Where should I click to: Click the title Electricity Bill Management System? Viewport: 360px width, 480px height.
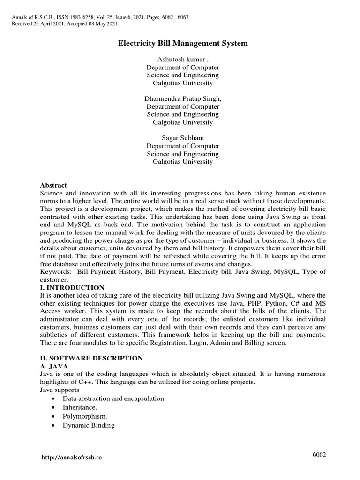click(x=182, y=44)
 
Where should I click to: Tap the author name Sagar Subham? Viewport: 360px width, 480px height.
click(x=182, y=138)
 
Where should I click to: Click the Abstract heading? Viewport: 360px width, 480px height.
click(x=53, y=185)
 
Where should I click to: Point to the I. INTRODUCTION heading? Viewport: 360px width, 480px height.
click(x=73, y=287)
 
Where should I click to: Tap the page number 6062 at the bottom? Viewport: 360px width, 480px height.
click(x=319, y=455)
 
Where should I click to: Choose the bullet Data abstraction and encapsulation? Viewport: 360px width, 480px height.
click(x=114, y=398)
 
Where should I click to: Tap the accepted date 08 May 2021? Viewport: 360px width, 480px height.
click(x=102, y=23)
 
